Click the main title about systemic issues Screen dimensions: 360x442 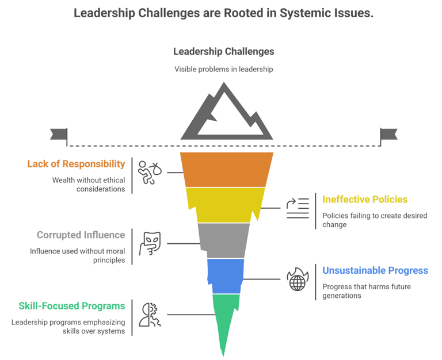(223, 13)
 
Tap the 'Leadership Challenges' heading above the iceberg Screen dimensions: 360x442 (223, 51)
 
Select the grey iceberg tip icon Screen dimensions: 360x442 (226, 114)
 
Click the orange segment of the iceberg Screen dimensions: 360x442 (227, 169)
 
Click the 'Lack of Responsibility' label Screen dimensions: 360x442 (76, 164)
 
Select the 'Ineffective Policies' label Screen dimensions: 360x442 (365, 200)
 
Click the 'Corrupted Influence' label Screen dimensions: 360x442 (81, 235)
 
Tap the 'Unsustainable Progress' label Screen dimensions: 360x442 (375, 270)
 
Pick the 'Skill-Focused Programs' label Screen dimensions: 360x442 (68, 305)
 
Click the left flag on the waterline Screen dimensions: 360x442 (58, 134)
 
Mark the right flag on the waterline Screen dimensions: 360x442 (389, 134)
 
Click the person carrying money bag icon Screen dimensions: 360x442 (149, 171)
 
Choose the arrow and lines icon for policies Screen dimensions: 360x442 (298, 208)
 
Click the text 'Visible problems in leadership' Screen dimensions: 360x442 (223, 69)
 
